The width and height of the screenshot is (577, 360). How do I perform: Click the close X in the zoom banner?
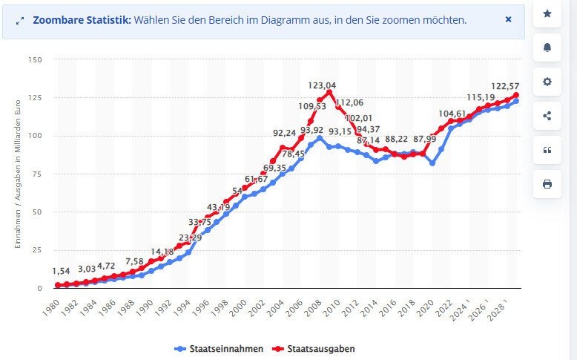[x=508, y=19]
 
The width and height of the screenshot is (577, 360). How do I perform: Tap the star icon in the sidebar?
[x=547, y=13]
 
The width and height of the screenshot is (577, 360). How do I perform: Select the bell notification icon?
[x=547, y=48]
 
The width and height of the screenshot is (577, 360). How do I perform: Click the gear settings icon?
[x=547, y=82]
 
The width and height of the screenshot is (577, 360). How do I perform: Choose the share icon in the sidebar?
[x=547, y=116]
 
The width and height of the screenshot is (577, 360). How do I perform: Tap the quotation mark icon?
[x=547, y=150]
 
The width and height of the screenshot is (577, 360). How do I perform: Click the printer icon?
[x=547, y=184]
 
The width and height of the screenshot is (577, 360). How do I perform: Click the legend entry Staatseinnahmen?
[x=219, y=348]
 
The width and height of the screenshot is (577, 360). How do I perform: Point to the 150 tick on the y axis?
[x=35, y=59]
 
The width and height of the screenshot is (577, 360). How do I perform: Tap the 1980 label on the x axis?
[x=50, y=304]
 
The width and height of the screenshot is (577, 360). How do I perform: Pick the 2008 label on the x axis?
[x=315, y=304]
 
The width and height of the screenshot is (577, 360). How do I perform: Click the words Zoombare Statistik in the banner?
[x=82, y=20]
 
